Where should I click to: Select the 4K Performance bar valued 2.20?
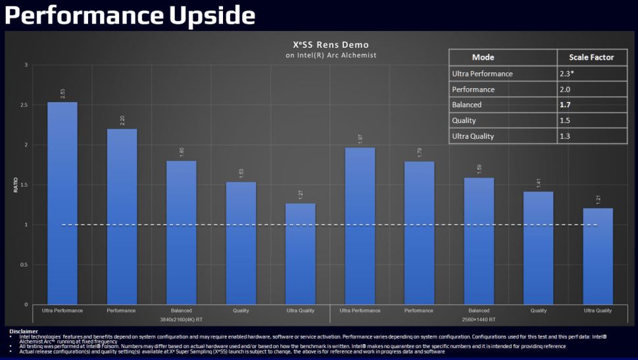click(122, 217)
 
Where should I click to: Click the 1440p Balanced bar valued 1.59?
click(479, 241)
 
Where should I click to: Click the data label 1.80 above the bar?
click(182, 152)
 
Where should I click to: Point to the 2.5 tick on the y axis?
click(24, 105)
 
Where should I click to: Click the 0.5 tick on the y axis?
click(24, 265)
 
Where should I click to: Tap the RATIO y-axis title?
click(16, 186)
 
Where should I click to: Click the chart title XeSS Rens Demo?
click(331, 45)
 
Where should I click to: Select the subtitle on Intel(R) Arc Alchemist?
click(331, 55)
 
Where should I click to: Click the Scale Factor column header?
click(591, 57)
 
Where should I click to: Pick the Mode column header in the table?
click(483, 57)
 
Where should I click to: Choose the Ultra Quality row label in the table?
click(473, 136)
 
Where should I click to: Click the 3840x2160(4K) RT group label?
click(181, 319)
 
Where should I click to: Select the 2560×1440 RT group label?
click(479, 319)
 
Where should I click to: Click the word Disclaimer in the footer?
click(24, 331)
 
